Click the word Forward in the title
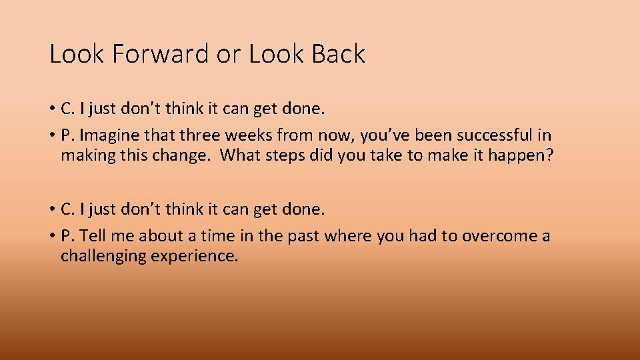[x=160, y=54]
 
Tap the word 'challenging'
[x=103, y=256]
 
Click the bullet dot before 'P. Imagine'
[x=52, y=136]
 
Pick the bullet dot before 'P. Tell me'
[x=52, y=237]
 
